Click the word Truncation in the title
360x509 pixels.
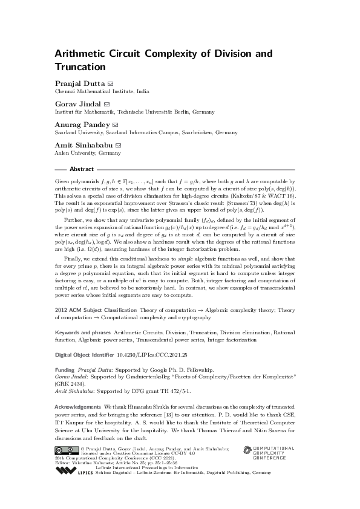[x=80, y=67]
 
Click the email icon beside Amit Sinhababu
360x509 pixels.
[x=119, y=146]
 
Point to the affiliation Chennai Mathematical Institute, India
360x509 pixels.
[x=102, y=91]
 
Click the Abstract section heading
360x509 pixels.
[x=82, y=169]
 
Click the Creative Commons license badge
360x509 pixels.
[x=66, y=449]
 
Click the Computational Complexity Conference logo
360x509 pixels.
[x=269, y=453]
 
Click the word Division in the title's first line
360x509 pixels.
[x=233, y=54]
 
